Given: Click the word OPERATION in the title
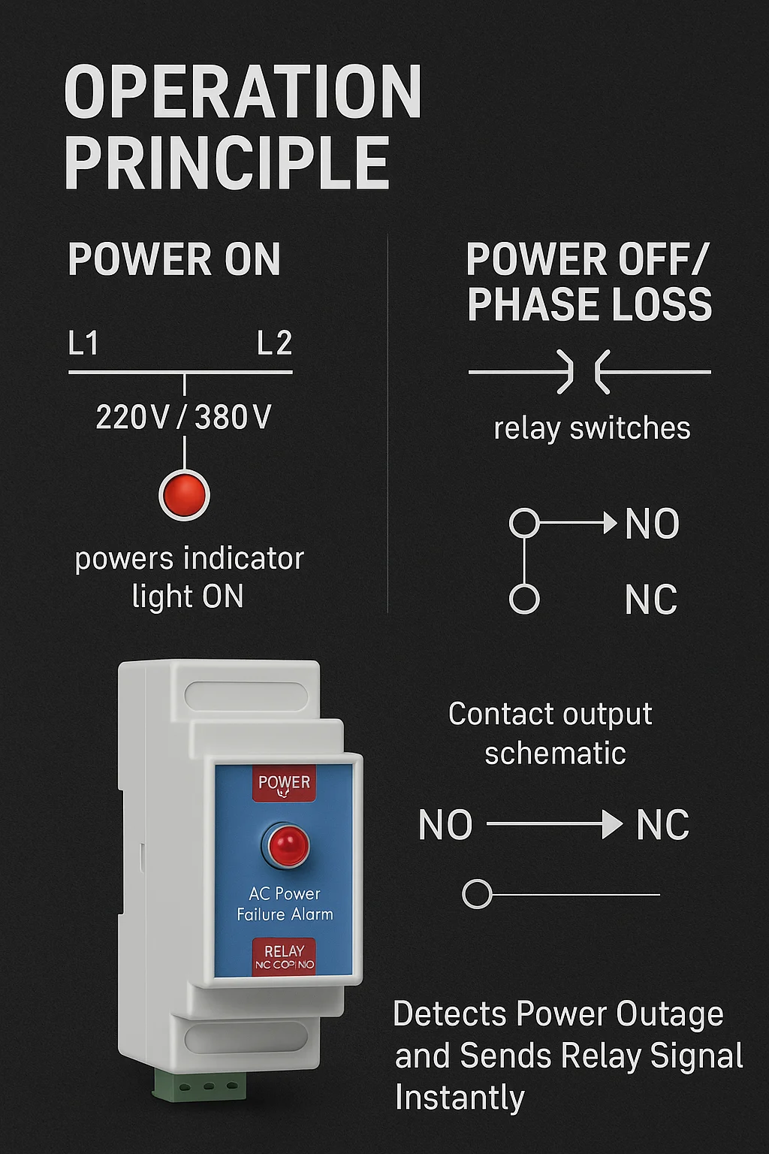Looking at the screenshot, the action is pyautogui.click(x=243, y=92).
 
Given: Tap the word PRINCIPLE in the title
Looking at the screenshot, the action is pyautogui.click(x=227, y=162).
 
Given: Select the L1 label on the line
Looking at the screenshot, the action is pyautogui.click(x=83, y=343).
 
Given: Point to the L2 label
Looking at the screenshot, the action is pyautogui.click(x=274, y=343).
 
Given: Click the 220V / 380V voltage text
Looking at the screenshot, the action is pyautogui.click(x=183, y=417).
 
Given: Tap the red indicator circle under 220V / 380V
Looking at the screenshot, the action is pyautogui.click(x=184, y=494).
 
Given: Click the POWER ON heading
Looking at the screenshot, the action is pyautogui.click(x=174, y=260).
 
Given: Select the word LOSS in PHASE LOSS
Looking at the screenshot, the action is pyautogui.click(x=658, y=304).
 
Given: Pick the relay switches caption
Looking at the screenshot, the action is pyautogui.click(x=592, y=428).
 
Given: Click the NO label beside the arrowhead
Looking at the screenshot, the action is pyautogui.click(x=652, y=524).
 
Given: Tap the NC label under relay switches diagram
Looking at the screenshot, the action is pyautogui.click(x=650, y=600).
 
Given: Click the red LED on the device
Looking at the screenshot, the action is pyautogui.click(x=285, y=845).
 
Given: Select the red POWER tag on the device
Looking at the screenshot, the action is pyautogui.click(x=284, y=784).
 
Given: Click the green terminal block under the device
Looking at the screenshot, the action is pyautogui.click(x=200, y=1085).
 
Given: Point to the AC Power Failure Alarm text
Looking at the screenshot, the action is pyautogui.click(x=285, y=904).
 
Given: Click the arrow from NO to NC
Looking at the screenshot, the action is pyautogui.click(x=554, y=825).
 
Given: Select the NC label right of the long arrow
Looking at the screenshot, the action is pyautogui.click(x=662, y=825).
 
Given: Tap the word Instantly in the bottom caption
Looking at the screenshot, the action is pyautogui.click(x=460, y=1098).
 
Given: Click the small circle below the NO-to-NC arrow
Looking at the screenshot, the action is pyautogui.click(x=477, y=894).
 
